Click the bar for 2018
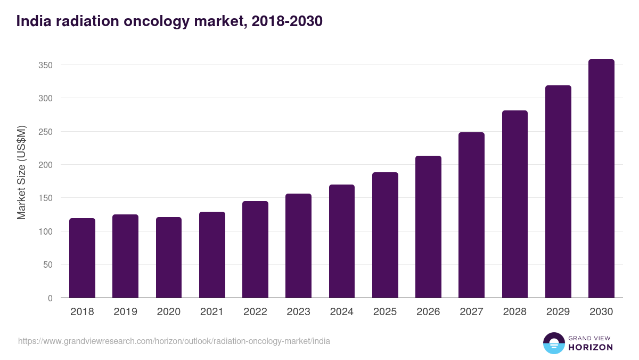82,258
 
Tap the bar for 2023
298,246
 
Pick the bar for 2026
428,227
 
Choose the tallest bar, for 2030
601,179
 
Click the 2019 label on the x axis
125,312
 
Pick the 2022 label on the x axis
255,312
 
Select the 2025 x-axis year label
385,312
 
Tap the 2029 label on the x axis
558,312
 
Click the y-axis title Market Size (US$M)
21,172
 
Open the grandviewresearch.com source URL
174,341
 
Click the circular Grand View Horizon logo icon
553,343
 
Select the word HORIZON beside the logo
591,347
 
